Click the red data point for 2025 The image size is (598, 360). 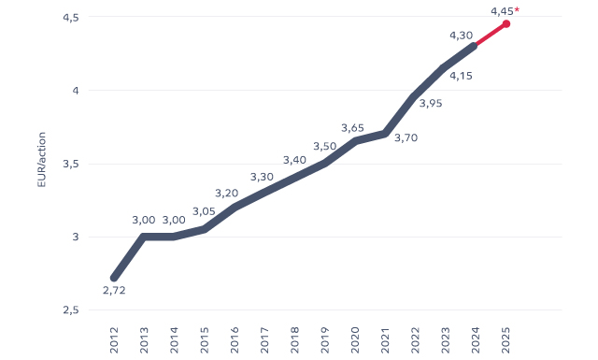tap(505, 24)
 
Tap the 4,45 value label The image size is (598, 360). tap(501, 11)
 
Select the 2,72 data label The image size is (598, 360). tap(113, 291)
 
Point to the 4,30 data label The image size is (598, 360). tap(461, 36)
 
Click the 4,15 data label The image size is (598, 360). tap(460, 76)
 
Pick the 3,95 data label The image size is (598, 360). tap(431, 104)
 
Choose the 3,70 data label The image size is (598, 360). tap(406, 138)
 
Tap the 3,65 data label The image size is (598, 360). tap(352, 128)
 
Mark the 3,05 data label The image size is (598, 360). tap(204, 211)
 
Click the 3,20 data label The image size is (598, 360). tap(227, 194)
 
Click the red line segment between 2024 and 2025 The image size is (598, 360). tap(491, 35)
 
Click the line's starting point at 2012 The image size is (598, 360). tap(114, 278)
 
